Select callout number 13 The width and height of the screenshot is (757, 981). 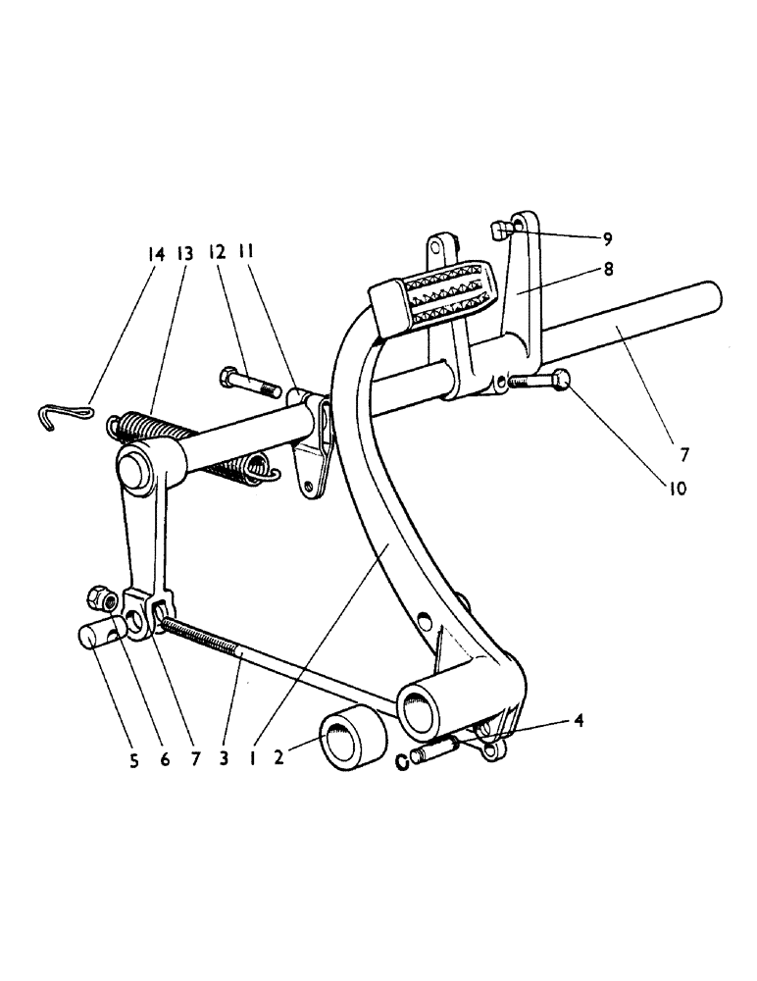[x=183, y=252]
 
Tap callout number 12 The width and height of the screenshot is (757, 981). [x=217, y=252]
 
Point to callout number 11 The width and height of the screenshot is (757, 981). [x=246, y=252]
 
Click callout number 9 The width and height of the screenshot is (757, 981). [x=608, y=237]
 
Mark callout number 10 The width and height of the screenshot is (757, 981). [x=679, y=485]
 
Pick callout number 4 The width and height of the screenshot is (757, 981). [x=580, y=721]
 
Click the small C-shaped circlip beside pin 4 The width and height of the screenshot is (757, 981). [x=403, y=761]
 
